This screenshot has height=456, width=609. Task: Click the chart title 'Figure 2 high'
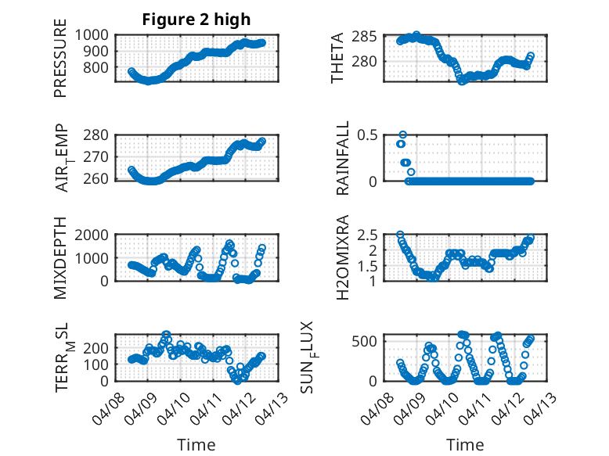click(x=196, y=20)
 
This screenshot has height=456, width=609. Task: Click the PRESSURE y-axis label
click(x=60, y=64)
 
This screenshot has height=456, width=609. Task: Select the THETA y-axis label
click(x=337, y=58)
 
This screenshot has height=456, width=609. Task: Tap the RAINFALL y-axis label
click(x=343, y=159)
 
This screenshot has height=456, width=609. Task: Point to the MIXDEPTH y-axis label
click(x=60, y=259)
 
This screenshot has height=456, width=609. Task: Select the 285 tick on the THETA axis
click(x=370, y=36)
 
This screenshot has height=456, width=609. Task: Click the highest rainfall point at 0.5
click(x=403, y=135)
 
